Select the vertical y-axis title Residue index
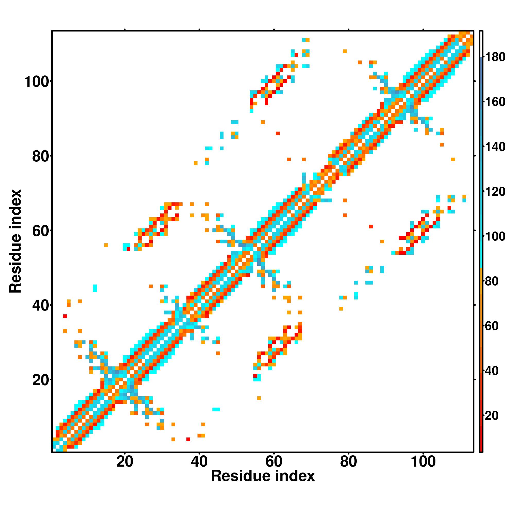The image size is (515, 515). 15,241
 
